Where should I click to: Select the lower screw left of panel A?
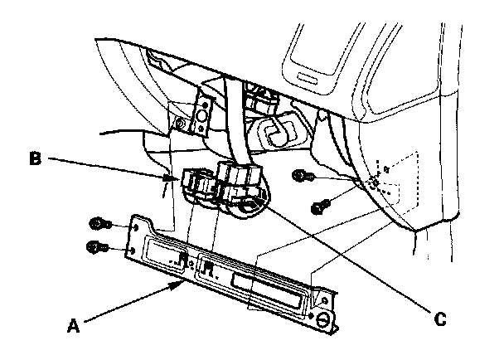(95, 246)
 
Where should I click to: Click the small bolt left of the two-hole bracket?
(180, 125)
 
